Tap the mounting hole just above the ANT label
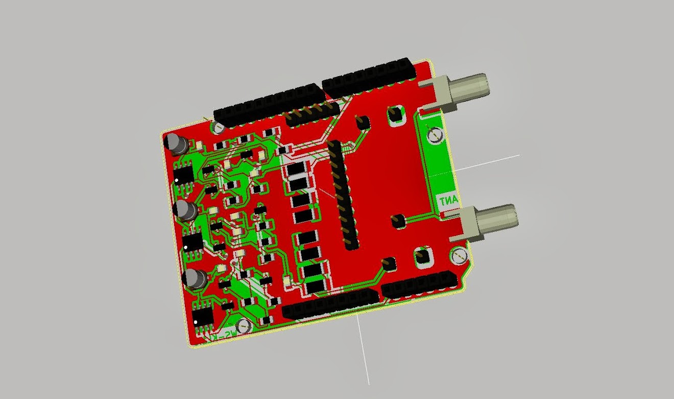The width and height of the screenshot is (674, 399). coord(435,135)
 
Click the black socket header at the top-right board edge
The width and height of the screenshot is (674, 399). coord(369,76)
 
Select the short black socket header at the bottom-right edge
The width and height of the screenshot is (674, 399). coord(419,284)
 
